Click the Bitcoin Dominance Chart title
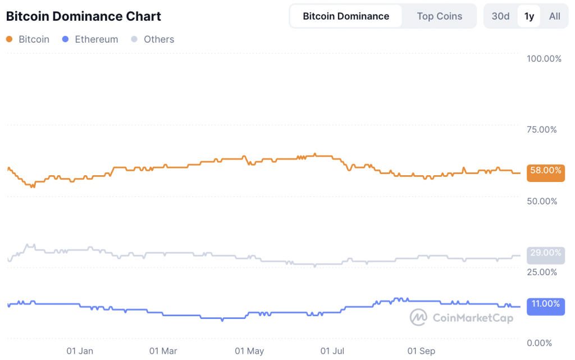(x=83, y=16)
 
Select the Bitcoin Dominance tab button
(x=346, y=16)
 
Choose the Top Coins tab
(x=440, y=16)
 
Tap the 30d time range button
(x=500, y=16)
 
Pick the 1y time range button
(x=529, y=16)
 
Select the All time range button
(x=555, y=16)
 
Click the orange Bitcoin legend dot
(x=9, y=39)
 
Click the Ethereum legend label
(x=96, y=39)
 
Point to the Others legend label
(x=159, y=39)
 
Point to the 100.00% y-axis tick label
(x=544, y=58)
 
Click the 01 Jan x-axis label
(x=80, y=352)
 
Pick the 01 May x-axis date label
(x=249, y=352)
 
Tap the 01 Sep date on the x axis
(x=421, y=352)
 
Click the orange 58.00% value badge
(x=546, y=171)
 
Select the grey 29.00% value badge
(x=546, y=253)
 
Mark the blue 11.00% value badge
(x=546, y=304)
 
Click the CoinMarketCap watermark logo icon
(x=418, y=318)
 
